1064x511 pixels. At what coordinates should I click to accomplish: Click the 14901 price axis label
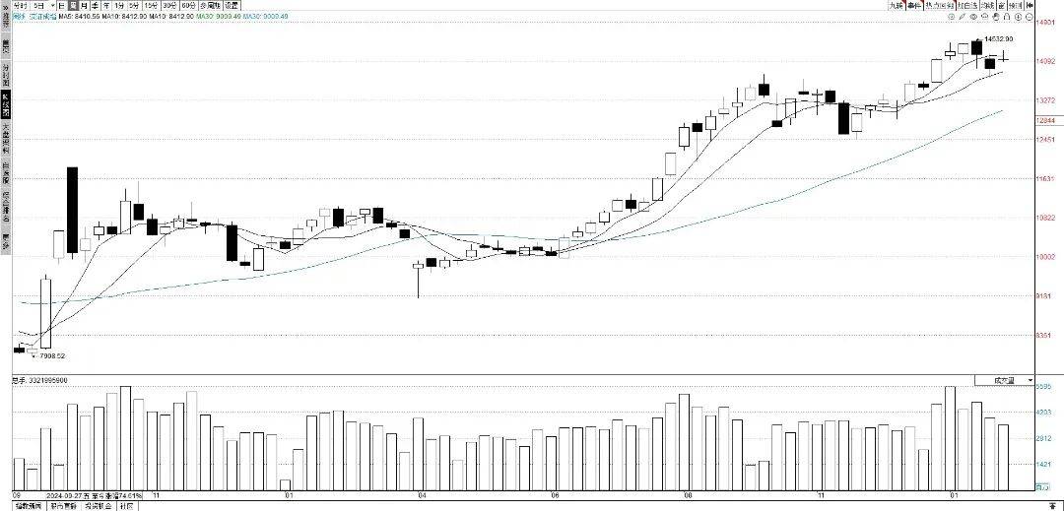tap(1046, 21)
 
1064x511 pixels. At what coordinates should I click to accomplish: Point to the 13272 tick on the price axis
tap(1046, 100)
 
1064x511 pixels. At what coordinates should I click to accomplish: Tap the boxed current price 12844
tap(1046, 120)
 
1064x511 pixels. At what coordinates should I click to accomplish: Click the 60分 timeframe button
tap(188, 5)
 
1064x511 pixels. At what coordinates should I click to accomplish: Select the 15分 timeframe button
tap(151, 5)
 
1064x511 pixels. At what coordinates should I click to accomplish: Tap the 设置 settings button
tap(232, 5)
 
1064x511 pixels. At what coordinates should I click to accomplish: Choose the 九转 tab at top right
tap(895, 5)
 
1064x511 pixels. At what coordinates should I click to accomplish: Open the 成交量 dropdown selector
tap(1004, 379)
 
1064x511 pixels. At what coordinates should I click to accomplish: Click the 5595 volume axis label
tap(1044, 387)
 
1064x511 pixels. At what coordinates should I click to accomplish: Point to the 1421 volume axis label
tap(1044, 462)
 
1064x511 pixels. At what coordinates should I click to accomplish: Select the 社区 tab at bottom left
tap(126, 506)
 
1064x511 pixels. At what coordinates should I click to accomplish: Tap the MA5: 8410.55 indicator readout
tap(80, 16)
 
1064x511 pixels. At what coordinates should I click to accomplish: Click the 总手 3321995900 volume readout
tap(39, 379)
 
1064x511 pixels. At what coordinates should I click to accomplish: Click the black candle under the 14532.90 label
tap(976, 46)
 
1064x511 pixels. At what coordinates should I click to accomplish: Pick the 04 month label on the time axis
tap(422, 494)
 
